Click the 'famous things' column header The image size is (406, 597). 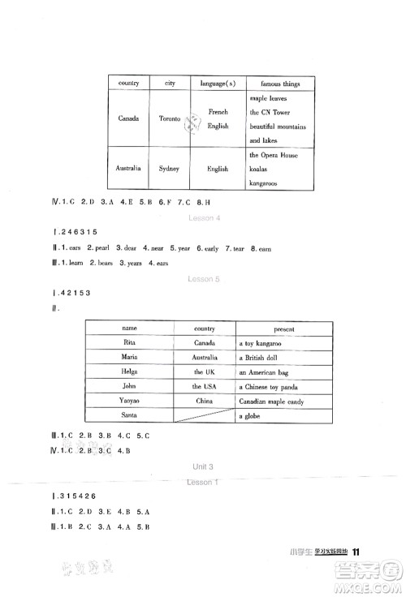pyautogui.click(x=281, y=84)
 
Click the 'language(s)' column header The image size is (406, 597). pyautogui.click(x=218, y=84)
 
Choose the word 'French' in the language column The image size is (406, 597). pyautogui.click(x=218, y=112)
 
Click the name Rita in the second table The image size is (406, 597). pyautogui.click(x=129, y=343)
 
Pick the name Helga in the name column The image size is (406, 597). pyautogui.click(x=129, y=372)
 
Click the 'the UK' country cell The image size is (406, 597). pyautogui.click(x=204, y=372)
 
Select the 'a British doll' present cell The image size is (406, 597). pyautogui.click(x=263, y=358)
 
